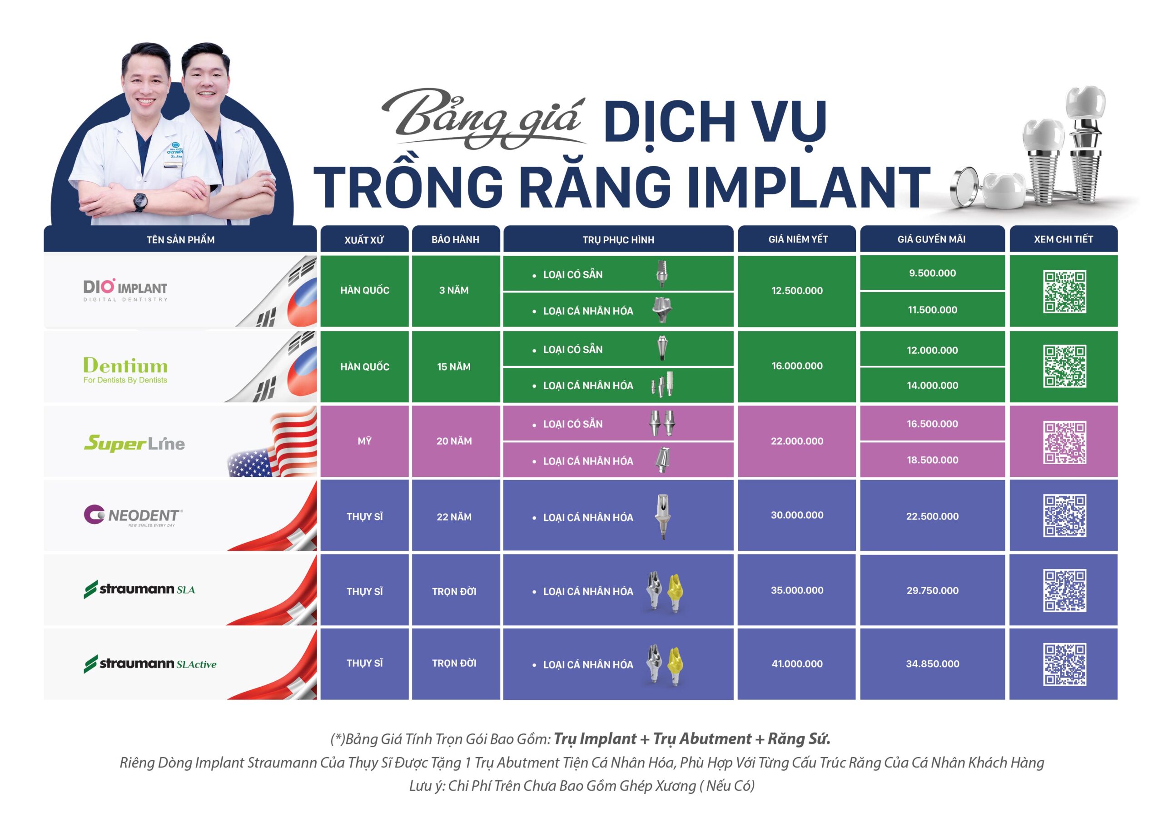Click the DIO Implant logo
(125, 290)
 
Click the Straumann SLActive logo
(150, 664)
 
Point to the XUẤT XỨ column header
(364, 239)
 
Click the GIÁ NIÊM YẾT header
(798, 239)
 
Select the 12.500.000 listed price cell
(797, 291)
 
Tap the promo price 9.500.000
(932, 273)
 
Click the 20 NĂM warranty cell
(454, 441)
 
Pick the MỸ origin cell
(364, 441)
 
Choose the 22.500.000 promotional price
(932, 516)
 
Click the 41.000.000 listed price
(797, 664)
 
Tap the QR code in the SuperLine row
(1064, 442)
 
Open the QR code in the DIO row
(1064, 291)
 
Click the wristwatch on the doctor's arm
(140, 202)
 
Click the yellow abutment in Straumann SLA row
(675, 590)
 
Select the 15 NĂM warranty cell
(454, 366)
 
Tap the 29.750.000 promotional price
(932, 590)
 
